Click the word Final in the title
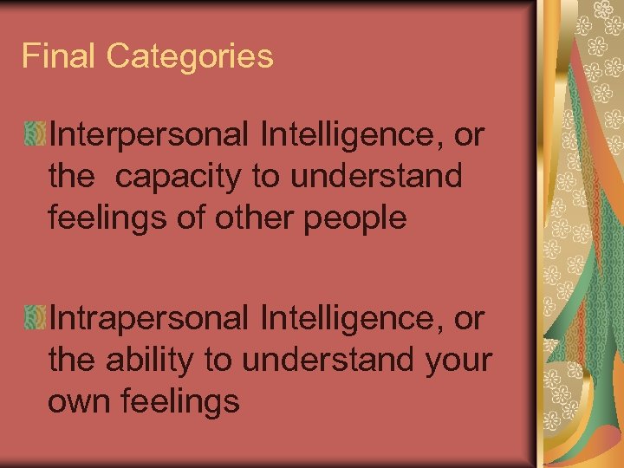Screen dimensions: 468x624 coord(59,57)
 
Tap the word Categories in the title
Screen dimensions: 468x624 coord(190,57)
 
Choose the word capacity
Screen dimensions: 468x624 coord(179,177)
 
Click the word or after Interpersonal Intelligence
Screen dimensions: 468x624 coord(468,135)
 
